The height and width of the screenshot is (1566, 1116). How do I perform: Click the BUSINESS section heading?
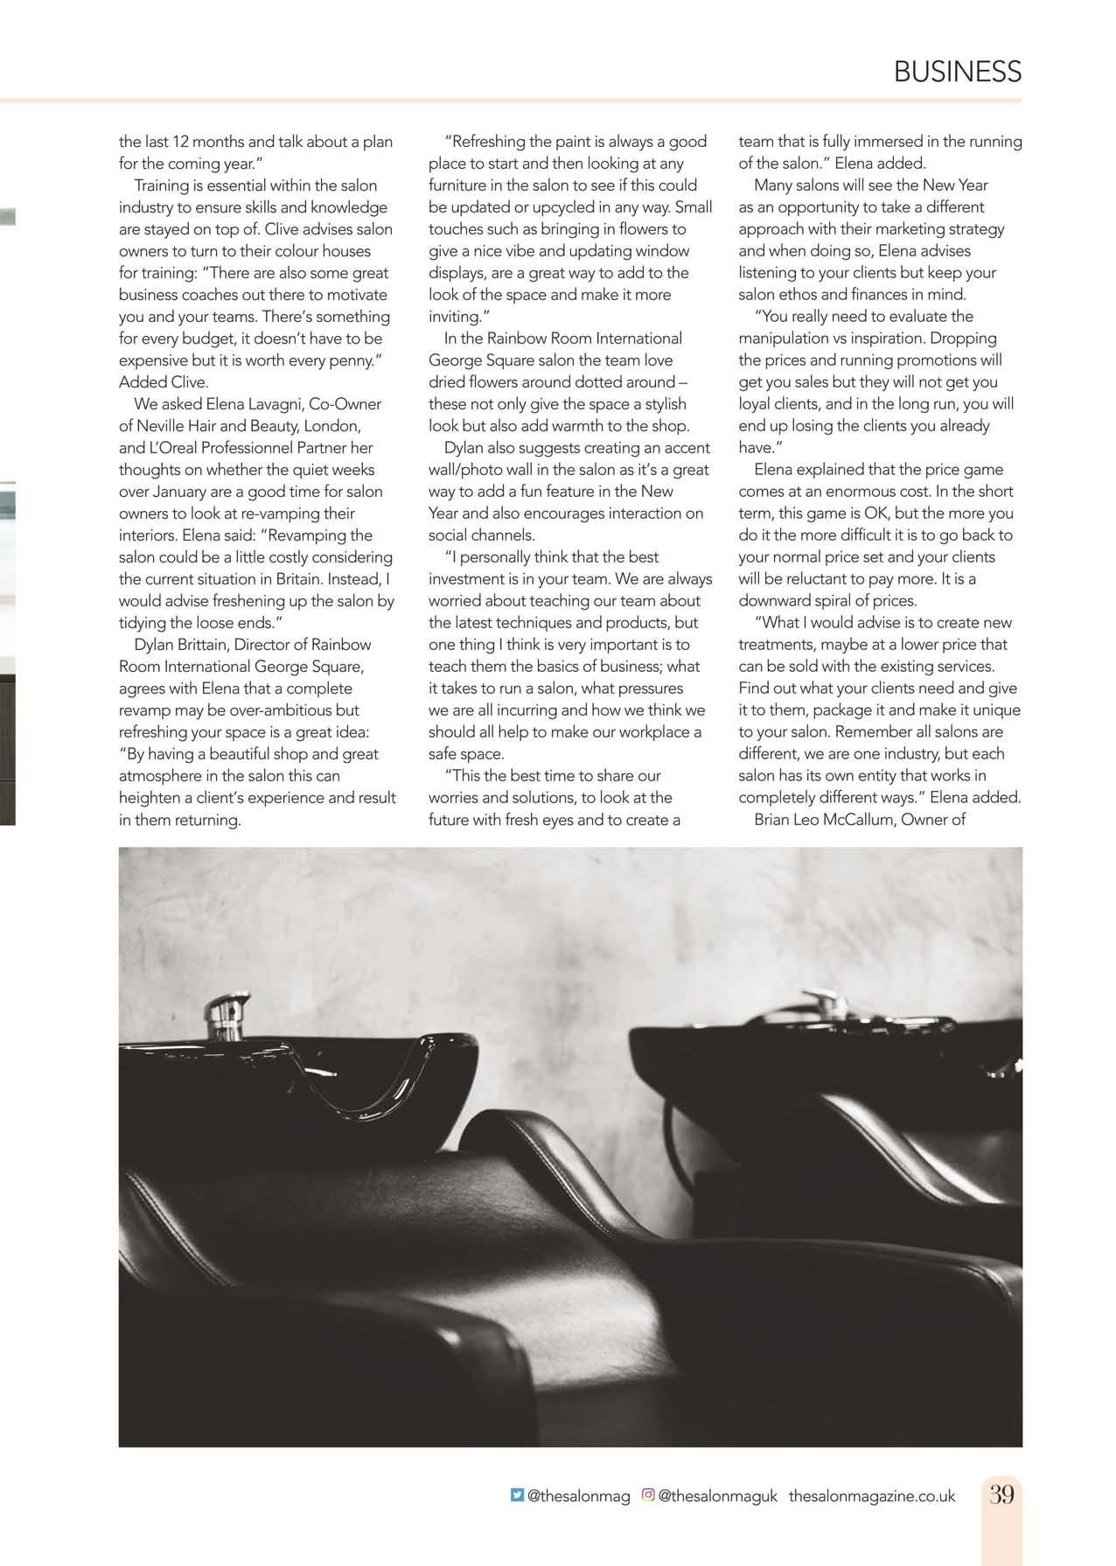(957, 72)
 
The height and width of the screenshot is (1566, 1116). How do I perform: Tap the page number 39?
(1001, 1494)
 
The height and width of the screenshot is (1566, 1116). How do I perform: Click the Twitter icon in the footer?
(517, 1495)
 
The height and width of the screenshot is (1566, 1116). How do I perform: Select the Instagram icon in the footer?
(648, 1495)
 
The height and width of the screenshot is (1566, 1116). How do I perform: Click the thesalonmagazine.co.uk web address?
(871, 1496)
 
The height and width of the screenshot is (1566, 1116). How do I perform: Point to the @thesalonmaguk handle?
(717, 1496)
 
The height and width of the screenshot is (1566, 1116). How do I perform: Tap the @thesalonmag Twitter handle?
(578, 1496)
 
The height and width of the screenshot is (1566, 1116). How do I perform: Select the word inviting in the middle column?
(453, 317)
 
